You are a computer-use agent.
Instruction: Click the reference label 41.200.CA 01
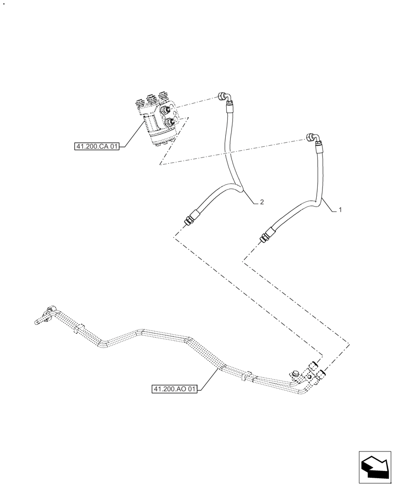tap(97, 146)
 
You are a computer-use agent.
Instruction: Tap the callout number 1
tap(341, 210)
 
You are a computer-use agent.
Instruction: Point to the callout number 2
tap(262, 202)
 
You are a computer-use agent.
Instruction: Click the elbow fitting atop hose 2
tap(224, 96)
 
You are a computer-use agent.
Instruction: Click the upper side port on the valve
tap(171, 109)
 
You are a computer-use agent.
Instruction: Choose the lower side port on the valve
tap(170, 122)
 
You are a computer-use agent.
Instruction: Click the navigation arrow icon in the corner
tap(375, 468)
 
